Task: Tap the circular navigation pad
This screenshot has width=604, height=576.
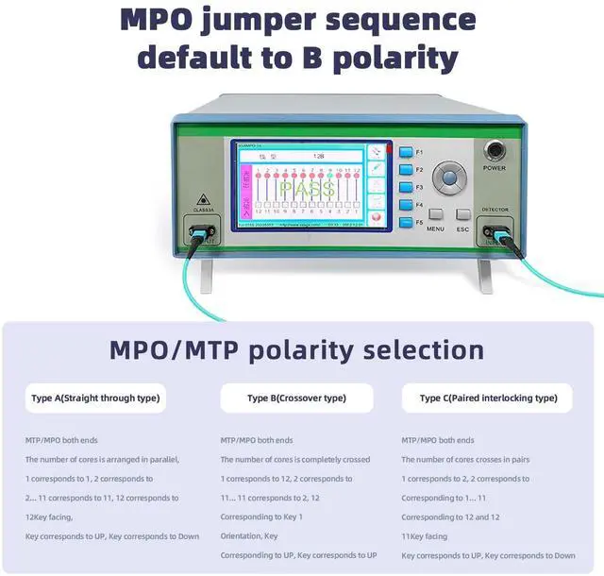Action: (449, 177)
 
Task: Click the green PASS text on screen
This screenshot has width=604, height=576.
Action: (306, 191)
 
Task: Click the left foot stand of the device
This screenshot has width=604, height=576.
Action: (218, 274)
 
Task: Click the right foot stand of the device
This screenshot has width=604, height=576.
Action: (484, 274)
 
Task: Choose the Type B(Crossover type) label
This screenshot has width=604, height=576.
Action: (296, 398)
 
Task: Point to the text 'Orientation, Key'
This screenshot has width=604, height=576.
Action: (249, 535)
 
